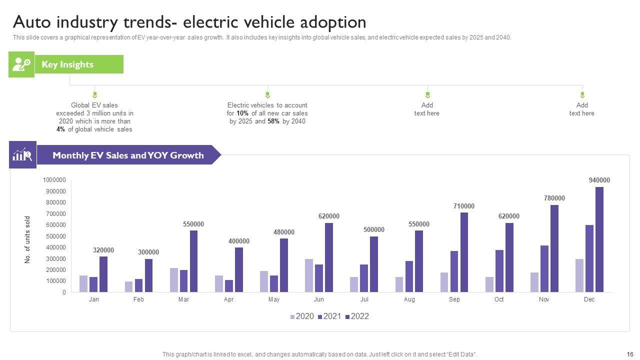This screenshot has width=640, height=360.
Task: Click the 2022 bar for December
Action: click(x=599, y=239)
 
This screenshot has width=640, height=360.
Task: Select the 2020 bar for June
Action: click(x=309, y=275)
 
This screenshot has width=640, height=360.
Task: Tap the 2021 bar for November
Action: click(x=544, y=268)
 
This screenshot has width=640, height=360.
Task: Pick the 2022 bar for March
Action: click(x=193, y=261)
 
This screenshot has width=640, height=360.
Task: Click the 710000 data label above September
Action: click(x=464, y=206)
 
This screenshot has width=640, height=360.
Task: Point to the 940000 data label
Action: click(x=599, y=180)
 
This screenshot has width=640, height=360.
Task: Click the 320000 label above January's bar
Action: click(x=103, y=250)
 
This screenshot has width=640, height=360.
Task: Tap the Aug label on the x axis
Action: click(x=409, y=299)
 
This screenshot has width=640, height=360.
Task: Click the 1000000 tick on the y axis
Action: click(x=54, y=180)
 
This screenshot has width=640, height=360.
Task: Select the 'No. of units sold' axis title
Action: click(x=28, y=240)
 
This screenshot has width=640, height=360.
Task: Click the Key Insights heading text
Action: click(x=67, y=64)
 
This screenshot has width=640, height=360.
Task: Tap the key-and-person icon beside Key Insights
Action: click(x=21, y=64)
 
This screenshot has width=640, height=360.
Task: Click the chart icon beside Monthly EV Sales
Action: click(x=22, y=155)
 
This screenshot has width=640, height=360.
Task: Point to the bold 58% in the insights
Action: click(x=273, y=121)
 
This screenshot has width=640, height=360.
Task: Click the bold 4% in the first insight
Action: click(x=61, y=129)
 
